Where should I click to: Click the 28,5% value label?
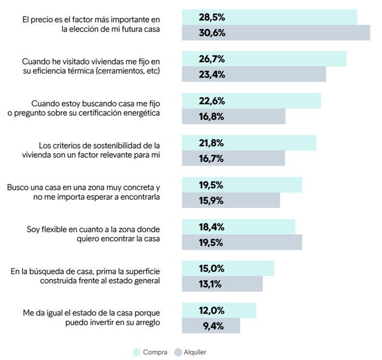pyautogui.click(x=211, y=17)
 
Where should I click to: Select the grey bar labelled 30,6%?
pyautogui.click(x=276, y=33)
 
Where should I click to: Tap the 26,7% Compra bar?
pyautogui.click(x=264, y=59)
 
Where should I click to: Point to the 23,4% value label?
pyautogui.click(x=211, y=75)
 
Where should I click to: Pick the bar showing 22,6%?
pyautogui.click(x=251, y=101)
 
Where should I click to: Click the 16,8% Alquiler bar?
pyautogui.click(x=234, y=117)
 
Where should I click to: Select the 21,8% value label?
pyautogui.click(x=211, y=143)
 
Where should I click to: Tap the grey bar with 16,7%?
pyautogui.click(x=233, y=158)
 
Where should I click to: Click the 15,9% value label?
pyautogui.click(x=211, y=201)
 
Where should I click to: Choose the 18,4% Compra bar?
pyautogui.click(x=238, y=227)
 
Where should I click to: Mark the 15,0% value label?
pyautogui.click(x=211, y=269)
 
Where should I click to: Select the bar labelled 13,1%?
pyautogui.click(x=222, y=284)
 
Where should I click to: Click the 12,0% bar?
pyautogui.click(x=219, y=311)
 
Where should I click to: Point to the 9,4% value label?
pyautogui.click(x=211, y=326)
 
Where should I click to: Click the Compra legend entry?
pyautogui.click(x=150, y=352)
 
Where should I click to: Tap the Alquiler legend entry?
pyautogui.click(x=190, y=352)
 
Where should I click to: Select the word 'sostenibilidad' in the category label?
pyautogui.click(x=110, y=145)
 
